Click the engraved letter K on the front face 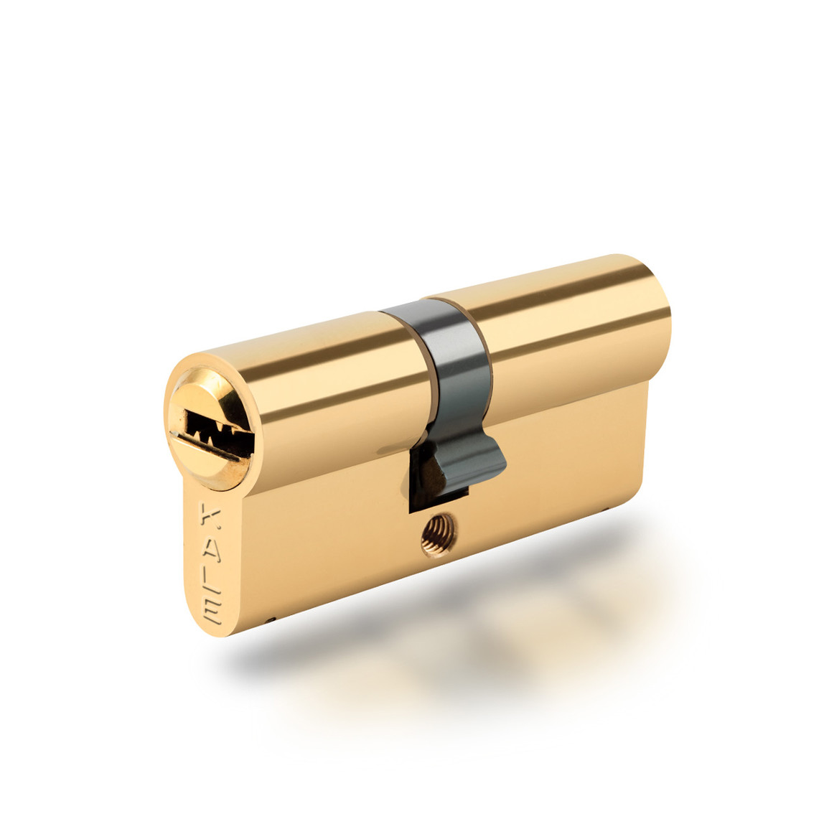point(210,515)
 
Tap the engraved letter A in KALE point(211,548)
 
